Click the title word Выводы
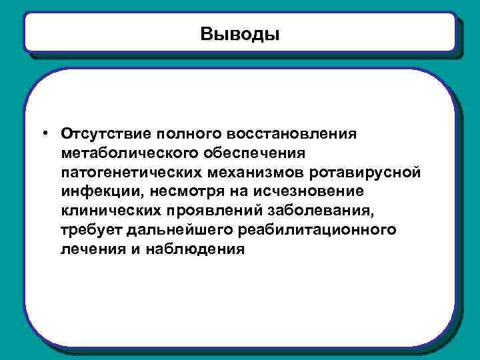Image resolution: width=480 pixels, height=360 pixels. pos(240,33)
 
